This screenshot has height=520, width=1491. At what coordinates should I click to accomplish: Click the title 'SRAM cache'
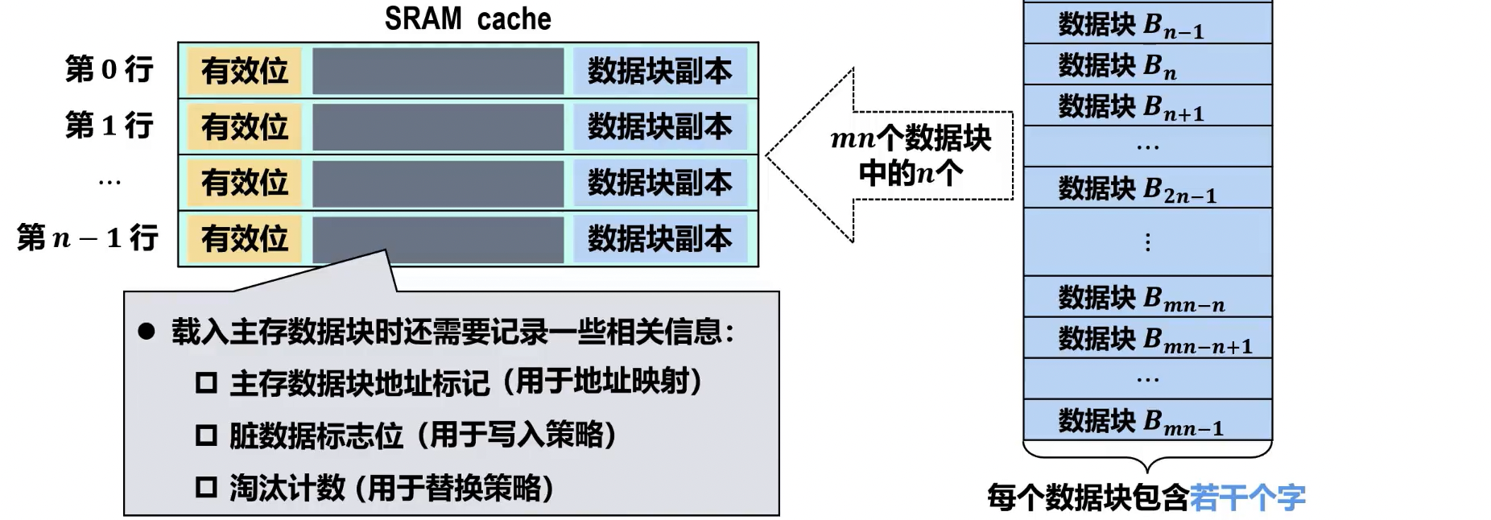click(x=468, y=19)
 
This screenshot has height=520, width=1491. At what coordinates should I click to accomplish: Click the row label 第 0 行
click(x=109, y=69)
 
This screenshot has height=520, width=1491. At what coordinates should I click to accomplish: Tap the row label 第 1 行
click(x=109, y=126)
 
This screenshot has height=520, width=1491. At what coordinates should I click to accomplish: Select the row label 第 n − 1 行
click(x=88, y=237)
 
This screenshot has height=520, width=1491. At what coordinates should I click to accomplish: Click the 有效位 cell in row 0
click(x=245, y=71)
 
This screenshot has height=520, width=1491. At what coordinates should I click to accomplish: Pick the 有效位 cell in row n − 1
click(x=245, y=238)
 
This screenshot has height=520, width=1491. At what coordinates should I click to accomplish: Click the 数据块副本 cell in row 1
click(x=659, y=126)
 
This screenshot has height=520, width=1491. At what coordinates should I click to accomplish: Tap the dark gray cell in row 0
click(x=438, y=71)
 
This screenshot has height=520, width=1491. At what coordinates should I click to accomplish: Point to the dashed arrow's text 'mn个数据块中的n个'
click(x=911, y=155)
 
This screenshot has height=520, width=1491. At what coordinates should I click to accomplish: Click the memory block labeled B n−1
click(x=1146, y=24)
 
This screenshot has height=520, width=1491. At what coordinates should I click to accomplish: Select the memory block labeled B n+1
click(x=1146, y=105)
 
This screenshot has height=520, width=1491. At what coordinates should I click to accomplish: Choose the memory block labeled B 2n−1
click(x=1146, y=188)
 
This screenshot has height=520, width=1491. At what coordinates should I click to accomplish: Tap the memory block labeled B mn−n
click(x=1146, y=298)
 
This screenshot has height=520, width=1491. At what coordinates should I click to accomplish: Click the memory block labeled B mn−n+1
click(x=1146, y=339)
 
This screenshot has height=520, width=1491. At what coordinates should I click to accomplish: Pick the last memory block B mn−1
click(x=1146, y=420)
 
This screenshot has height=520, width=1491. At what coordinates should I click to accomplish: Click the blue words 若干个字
click(x=1247, y=497)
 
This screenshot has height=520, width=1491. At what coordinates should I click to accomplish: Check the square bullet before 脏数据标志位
click(x=206, y=435)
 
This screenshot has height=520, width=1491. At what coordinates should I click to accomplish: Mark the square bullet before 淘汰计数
click(x=206, y=487)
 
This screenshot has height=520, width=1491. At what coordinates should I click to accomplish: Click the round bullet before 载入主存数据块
click(x=146, y=331)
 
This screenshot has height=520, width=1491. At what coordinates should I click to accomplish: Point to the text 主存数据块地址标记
click(x=359, y=382)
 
